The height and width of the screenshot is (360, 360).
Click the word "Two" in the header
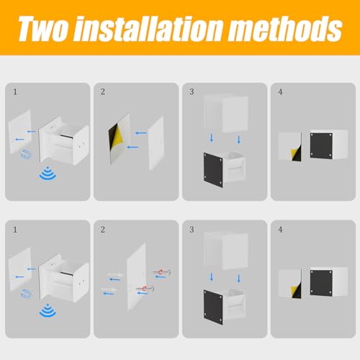[x=43, y=29]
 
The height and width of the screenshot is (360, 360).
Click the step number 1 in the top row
[x=15, y=91]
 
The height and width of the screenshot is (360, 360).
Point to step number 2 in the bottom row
[x=103, y=230]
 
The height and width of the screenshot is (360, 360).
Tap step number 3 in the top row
[x=192, y=91]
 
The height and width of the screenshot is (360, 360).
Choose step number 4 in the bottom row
[x=280, y=230]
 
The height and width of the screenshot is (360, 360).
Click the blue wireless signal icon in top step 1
[x=48, y=174]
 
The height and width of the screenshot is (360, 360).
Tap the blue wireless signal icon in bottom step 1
[x=48, y=310]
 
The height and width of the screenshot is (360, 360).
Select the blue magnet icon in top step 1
[x=26, y=154]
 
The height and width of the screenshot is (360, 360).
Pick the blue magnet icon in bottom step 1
[x=26, y=294]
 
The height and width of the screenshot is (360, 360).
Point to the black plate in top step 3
[x=213, y=170]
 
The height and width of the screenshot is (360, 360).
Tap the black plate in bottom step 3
[x=213, y=307]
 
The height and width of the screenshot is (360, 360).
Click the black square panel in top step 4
[x=321, y=145]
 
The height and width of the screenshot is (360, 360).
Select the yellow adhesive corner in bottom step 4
[x=294, y=290]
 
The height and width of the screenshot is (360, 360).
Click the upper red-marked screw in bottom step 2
[x=162, y=272]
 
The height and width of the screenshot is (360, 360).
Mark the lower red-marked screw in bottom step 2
[x=145, y=289]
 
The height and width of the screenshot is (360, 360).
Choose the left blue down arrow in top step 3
[x=212, y=138]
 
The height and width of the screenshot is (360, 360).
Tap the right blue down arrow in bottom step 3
[x=239, y=279]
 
